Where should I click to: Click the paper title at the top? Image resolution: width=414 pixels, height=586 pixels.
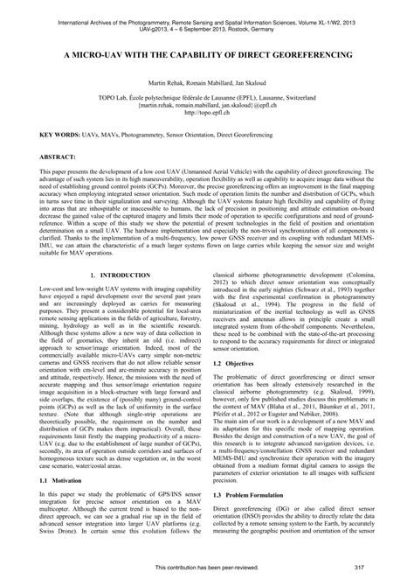pyautogui.click(x=207, y=53)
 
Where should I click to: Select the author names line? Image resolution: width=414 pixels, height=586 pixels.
pyautogui.click(x=207, y=81)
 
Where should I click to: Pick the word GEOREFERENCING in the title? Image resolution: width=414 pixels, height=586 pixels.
pyautogui.click(x=307, y=53)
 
